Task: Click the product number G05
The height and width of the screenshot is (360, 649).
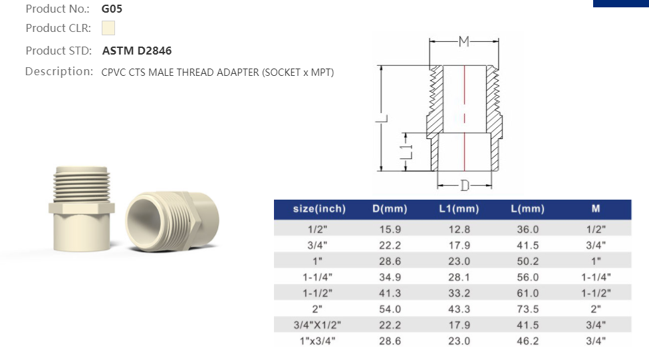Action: [112, 9]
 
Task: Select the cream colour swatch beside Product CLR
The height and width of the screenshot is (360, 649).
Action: [108, 28]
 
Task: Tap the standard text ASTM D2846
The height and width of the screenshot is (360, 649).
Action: [137, 51]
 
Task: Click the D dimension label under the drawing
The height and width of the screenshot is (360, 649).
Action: [465, 184]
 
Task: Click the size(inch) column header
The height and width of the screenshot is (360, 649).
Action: [319, 209]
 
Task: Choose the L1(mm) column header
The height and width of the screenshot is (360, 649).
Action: [459, 209]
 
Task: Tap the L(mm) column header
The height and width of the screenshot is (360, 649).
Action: [527, 209]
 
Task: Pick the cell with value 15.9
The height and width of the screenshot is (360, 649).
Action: [389, 229]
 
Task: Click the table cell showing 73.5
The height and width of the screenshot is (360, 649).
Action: [527, 309]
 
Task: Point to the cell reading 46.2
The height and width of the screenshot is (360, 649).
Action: [527, 341]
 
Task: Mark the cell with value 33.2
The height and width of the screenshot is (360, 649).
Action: [459, 293]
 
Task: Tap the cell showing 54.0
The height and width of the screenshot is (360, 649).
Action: [389, 309]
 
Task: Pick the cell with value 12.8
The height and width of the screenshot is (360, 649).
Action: [459, 229]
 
